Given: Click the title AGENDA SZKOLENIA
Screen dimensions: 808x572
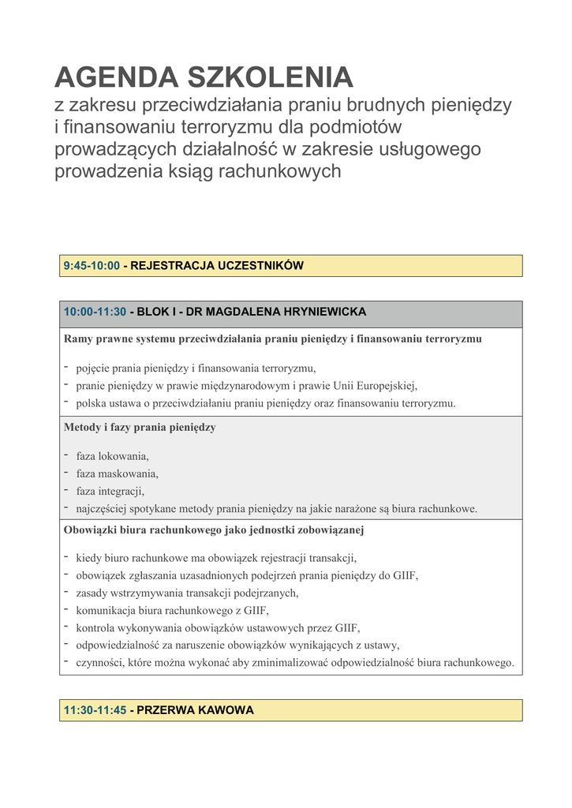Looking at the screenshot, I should (x=204, y=77).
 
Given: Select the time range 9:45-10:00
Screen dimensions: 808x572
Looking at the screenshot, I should (x=92, y=266).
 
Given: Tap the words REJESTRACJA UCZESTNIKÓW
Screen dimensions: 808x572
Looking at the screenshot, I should (x=217, y=266).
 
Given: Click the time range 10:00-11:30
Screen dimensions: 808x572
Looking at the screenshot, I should (x=95, y=312).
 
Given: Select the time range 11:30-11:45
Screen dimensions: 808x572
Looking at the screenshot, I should (x=95, y=710).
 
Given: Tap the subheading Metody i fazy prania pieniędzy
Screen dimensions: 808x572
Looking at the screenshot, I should (x=140, y=428).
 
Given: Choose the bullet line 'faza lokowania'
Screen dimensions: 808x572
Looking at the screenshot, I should (x=112, y=456).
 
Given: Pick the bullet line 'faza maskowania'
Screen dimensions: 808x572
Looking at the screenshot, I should (x=117, y=473).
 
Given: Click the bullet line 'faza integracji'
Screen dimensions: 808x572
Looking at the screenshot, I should (x=110, y=491).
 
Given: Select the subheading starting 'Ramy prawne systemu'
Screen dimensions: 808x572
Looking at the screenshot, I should (x=272, y=339).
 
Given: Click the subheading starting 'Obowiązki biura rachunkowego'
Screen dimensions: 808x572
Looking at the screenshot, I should (x=214, y=530).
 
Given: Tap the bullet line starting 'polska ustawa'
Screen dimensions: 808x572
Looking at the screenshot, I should (x=266, y=403).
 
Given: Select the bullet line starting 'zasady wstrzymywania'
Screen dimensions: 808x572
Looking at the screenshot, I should (x=187, y=593).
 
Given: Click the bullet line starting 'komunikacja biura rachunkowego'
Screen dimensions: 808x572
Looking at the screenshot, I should (x=172, y=610).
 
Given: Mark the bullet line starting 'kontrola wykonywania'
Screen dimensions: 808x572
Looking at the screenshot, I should (x=218, y=627).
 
